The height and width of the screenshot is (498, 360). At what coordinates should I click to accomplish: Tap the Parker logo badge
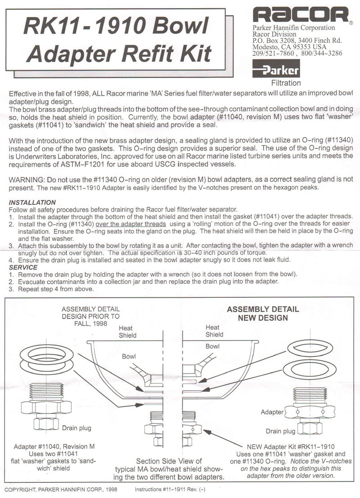(275, 71)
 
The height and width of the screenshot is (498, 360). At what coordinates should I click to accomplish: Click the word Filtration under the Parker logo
(286, 83)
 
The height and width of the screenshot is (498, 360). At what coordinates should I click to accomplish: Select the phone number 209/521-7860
(273, 53)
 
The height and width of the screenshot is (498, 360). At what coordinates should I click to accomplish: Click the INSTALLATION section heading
(32, 202)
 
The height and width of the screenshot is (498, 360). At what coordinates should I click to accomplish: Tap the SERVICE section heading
(23, 268)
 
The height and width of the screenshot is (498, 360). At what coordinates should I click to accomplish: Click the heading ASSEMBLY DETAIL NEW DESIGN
(263, 314)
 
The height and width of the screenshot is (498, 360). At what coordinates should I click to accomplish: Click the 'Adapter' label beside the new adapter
(272, 412)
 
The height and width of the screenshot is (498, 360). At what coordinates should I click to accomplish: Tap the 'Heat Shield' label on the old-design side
(127, 332)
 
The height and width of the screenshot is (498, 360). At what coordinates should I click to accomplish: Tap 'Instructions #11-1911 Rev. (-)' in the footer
(170, 489)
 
